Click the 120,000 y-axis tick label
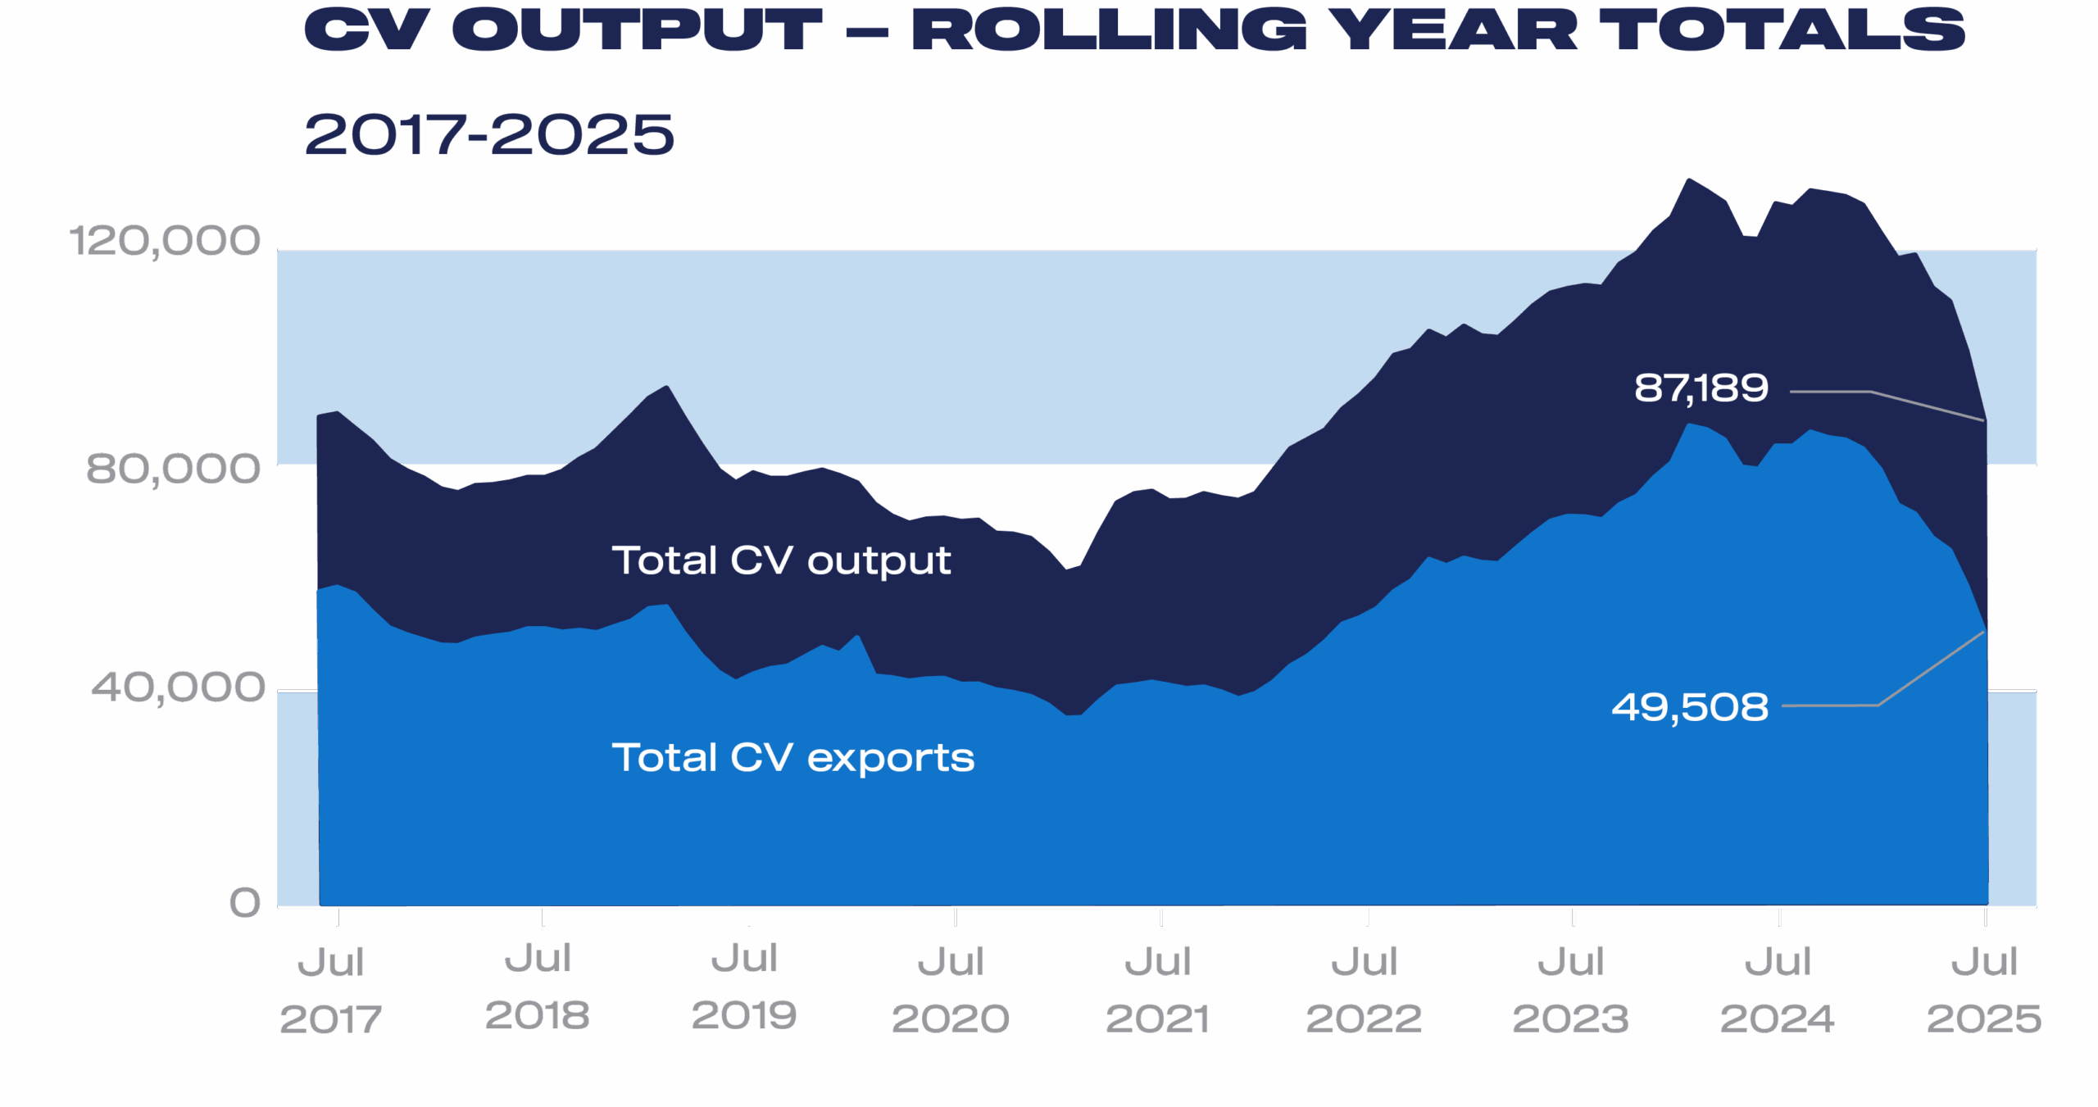(x=165, y=241)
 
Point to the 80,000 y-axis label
(x=173, y=468)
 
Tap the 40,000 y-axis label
(x=178, y=687)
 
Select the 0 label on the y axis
(x=244, y=903)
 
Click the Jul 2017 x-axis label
(x=330, y=990)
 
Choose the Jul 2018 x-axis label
(x=538, y=987)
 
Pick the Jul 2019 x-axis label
(x=744, y=987)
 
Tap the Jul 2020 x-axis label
(x=951, y=990)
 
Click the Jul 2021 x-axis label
(x=1157, y=990)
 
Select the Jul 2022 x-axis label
(x=1364, y=990)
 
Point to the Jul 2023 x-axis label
(x=1570, y=990)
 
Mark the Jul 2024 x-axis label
(x=1777, y=990)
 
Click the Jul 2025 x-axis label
(x=1983, y=990)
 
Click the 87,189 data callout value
(x=1701, y=388)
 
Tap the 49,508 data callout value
(x=1690, y=707)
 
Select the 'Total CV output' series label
(x=781, y=561)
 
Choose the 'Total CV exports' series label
(x=793, y=758)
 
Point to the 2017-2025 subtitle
(x=489, y=135)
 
